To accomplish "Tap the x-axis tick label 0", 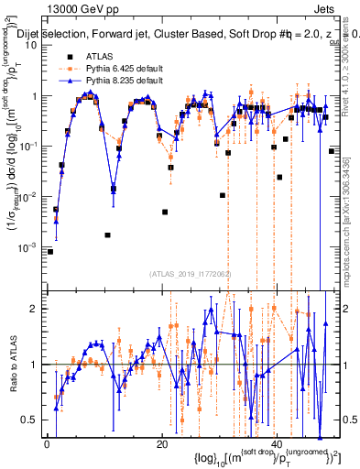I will click(x=47, y=446).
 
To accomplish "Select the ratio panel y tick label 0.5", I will click(x=29, y=420).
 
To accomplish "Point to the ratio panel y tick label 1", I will click(x=34, y=365).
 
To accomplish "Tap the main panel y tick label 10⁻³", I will click(x=28, y=248).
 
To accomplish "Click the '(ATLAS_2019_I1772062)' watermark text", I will click(x=189, y=274).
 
